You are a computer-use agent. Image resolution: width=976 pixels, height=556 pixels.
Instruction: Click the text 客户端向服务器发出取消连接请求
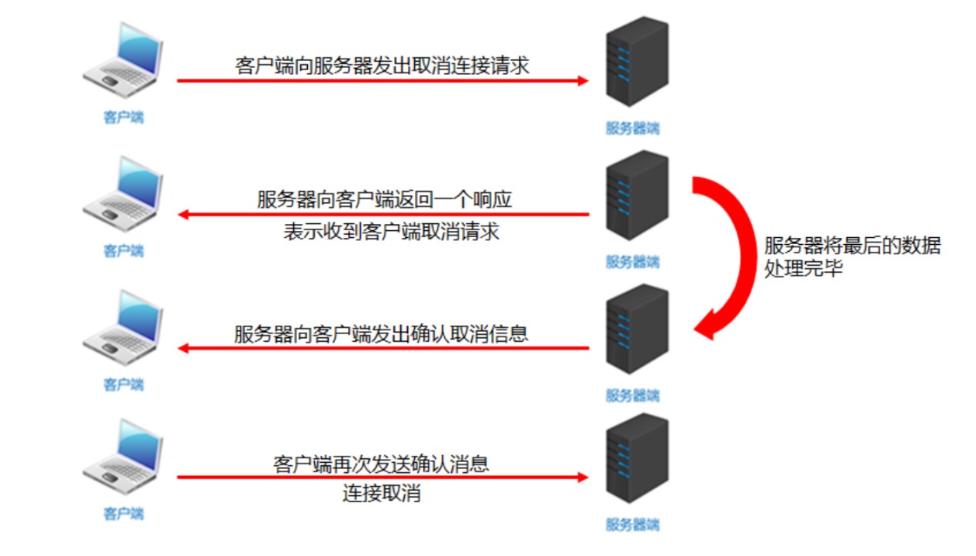(x=382, y=65)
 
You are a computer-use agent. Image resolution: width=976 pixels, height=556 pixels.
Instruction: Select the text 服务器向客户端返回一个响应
(x=385, y=199)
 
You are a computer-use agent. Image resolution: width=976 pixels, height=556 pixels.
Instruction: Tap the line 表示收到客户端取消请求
(x=391, y=231)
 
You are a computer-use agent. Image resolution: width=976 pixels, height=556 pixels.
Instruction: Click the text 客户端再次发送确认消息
(x=381, y=464)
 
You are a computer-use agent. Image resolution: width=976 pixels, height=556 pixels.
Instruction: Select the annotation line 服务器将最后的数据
(x=852, y=246)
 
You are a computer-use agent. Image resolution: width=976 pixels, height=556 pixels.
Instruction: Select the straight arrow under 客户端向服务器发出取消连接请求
(x=382, y=80)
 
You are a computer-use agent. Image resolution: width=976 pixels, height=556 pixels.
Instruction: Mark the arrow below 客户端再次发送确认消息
(x=382, y=477)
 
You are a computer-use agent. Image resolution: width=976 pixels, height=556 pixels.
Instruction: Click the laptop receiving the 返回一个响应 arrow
(x=123, y=193)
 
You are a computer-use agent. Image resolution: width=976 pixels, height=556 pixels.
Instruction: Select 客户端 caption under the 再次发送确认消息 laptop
(x=123, y=513)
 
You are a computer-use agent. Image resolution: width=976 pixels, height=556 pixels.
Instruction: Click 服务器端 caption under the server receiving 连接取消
(x=632, y=525)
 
